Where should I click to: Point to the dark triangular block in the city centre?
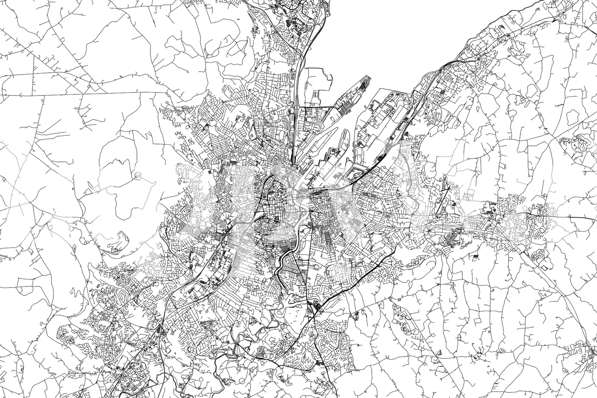click(276, 219)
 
